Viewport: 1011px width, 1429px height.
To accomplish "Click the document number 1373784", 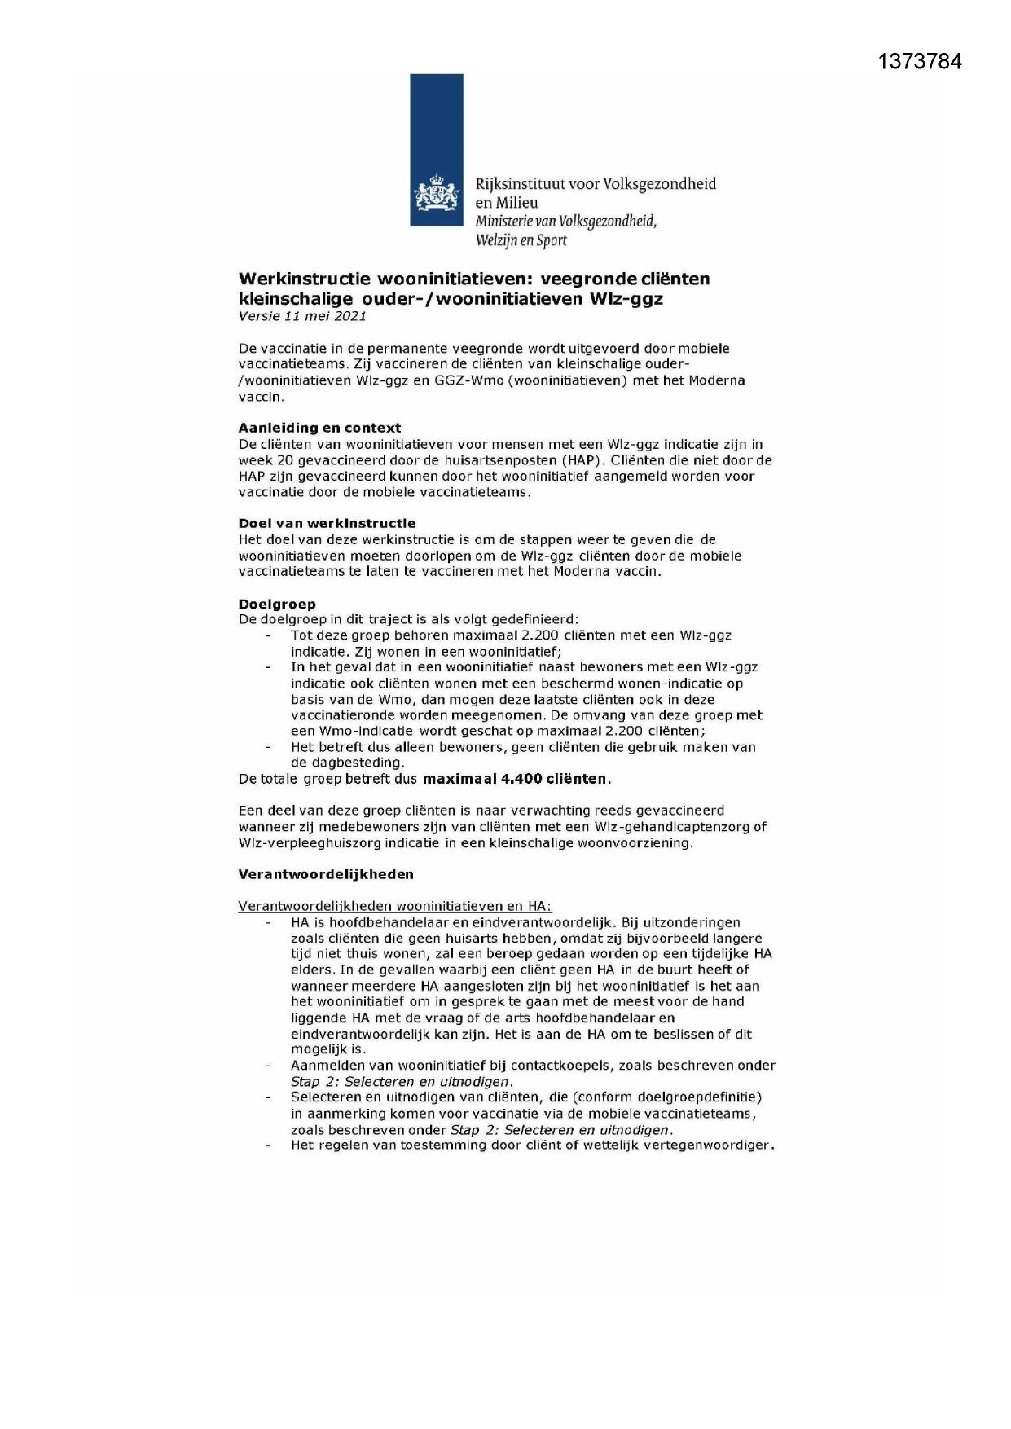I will (x=920, y=62).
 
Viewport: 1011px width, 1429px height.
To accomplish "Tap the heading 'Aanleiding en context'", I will (x=319, y=428).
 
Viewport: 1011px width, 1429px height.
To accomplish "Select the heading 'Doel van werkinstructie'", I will (x=327, y=523).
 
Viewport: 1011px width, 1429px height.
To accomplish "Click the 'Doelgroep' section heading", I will (x=276, y=604).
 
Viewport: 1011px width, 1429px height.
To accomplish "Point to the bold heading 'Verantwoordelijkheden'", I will (x=325, y=874).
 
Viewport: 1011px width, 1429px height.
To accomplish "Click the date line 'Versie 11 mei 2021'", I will (x=302, y=316).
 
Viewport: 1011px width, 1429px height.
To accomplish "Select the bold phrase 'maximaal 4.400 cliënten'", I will (x=515, y=779).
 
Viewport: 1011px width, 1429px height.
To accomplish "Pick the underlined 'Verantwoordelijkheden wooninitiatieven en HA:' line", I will (x=394, y=906).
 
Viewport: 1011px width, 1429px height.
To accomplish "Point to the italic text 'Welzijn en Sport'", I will (x=521, y=240).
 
